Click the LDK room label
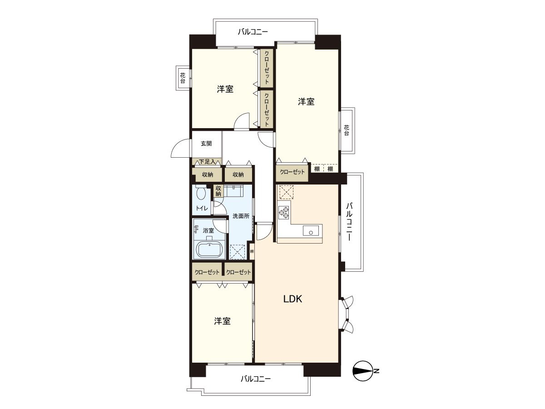(x=292, y=299)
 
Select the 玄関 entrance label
(x=206, y=144)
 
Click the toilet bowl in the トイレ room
(x=201, y=193)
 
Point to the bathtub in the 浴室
(x=210, y=249)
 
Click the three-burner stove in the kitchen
(x=284, y=213)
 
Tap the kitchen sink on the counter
(x=311, y=231)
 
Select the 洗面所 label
(x=241, y=216)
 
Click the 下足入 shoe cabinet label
(x=207, y=162)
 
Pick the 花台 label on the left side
(x=183, y=78)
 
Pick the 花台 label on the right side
(x=347, y=130)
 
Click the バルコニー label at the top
(x=253, y=32)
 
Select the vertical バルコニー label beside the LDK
(x=350, y=222)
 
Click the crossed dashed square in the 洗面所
(x=238, y=252)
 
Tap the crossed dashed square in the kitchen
(x=287, y=192)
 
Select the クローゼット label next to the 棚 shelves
(x=292, y=172)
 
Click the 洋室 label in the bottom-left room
(x=222, y=321)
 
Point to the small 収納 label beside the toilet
(x=218, y=191)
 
